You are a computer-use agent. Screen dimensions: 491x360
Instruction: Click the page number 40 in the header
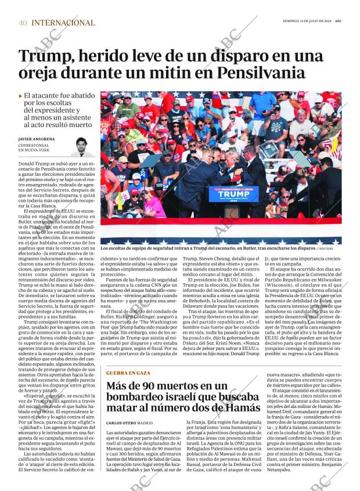point(23,23)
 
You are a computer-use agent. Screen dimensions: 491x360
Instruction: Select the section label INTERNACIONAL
point(63,23)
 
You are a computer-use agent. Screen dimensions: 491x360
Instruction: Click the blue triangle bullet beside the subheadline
point(21,95)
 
